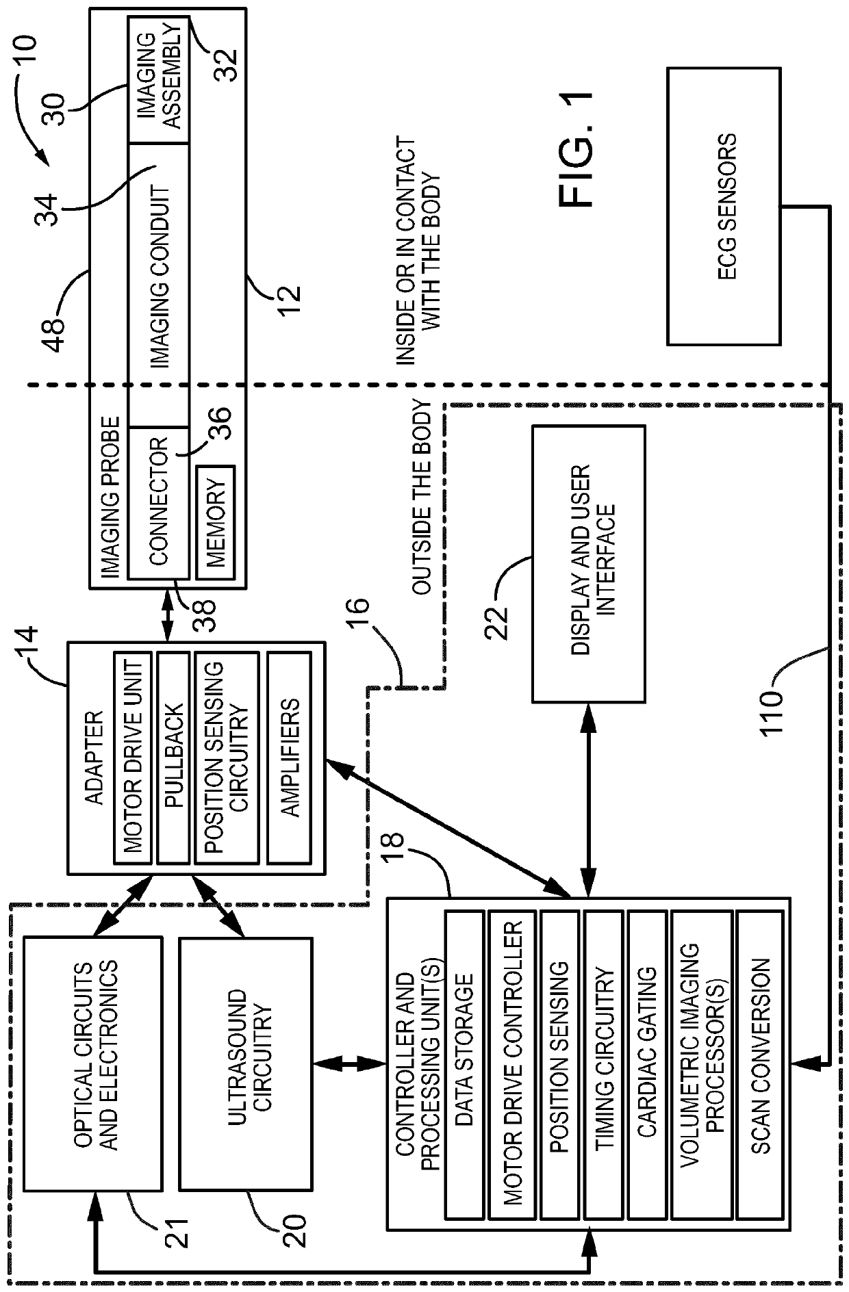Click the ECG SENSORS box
click(x=724, y=205)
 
